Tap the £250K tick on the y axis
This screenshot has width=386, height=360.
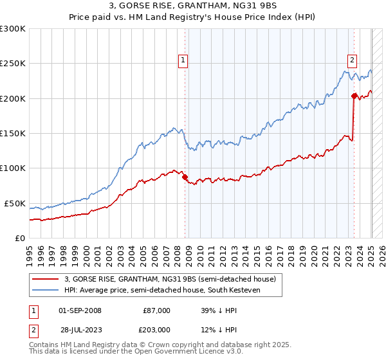click(x=12, y=64)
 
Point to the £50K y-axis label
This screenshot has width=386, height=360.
click(x=14, y=203)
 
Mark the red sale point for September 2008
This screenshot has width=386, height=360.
click(x=185, y=177)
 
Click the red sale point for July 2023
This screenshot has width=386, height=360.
click(x=354, y=96)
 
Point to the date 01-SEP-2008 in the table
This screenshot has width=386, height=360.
click(x=80, y=310)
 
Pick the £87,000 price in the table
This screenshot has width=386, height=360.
click(x=156, y=310)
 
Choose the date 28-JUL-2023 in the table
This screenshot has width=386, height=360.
click(x=80, y=330)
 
